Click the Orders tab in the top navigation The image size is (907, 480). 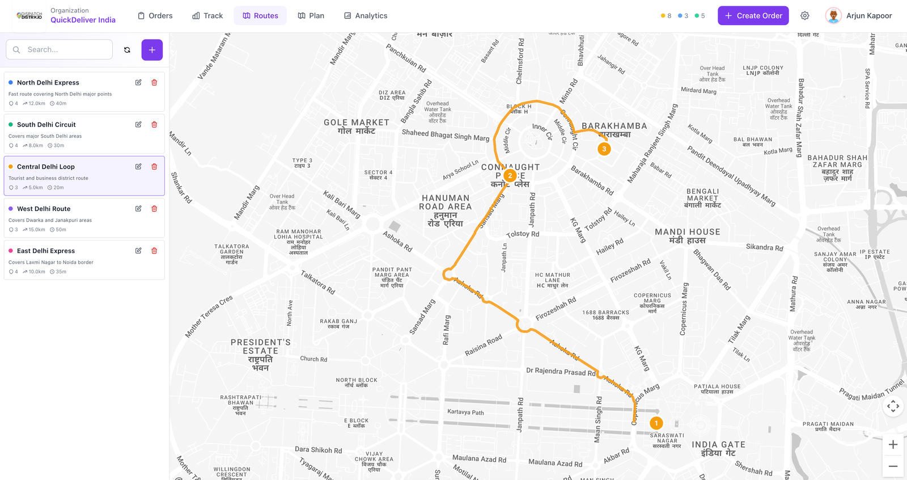(x=155, y=16)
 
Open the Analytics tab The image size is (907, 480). (x=366, y=16)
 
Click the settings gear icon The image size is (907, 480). (x=804, y=16)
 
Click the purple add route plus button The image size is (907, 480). (x=152, y=50)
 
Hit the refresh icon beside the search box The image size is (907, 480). (x=127, y=50)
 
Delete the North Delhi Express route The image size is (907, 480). (x=154, y=82)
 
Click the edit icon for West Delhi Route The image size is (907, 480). (x=138, y=209)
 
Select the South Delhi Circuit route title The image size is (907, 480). (x=46, y=125)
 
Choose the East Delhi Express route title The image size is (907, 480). (x=45, y=251)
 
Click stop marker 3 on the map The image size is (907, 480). (x=604, y=149)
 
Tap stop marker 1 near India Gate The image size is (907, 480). (x=656, y=423)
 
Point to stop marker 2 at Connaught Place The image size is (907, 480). (x=510, y=176)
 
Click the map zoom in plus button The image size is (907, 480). (x=893, y=445)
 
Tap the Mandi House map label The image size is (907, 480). (x=687, y=236)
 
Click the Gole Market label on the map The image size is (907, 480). (x=357, y=126)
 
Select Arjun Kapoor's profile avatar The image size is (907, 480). (x=833, y=16)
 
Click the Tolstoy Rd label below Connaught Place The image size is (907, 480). (x=523, y=234)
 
